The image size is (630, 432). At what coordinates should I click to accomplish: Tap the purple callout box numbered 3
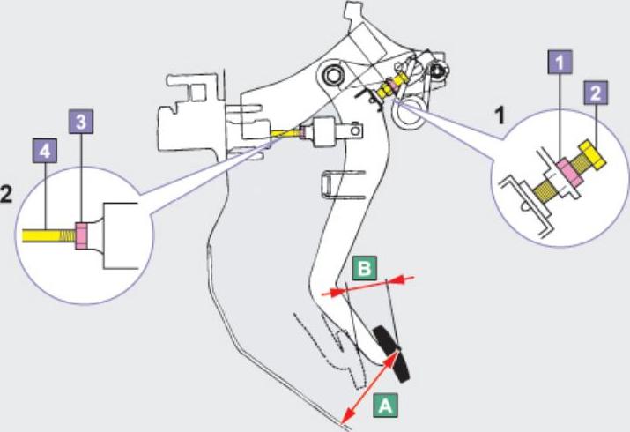81,123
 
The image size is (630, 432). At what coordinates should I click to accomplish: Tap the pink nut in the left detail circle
81,235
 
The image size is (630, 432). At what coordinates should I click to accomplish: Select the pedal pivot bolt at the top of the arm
333,73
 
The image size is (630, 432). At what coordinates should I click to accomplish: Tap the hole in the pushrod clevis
357,134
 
